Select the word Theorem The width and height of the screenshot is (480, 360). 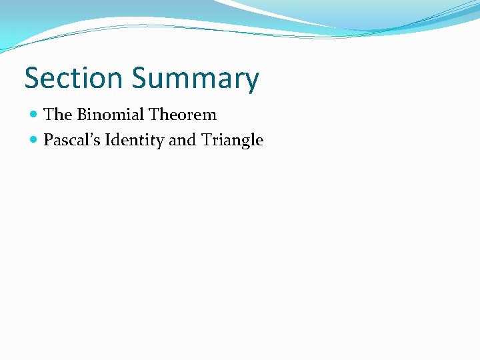[x=183, y=115]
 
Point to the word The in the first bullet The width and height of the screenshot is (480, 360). [x=57, y=115]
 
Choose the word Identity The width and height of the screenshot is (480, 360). [x=134, y=141]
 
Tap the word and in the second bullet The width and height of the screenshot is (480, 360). [x=183, y=140]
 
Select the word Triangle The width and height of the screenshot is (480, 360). [x=232, y=141]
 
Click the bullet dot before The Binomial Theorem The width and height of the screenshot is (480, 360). [x=35, y=115]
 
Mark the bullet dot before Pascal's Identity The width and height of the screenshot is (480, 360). [x=35, y=141]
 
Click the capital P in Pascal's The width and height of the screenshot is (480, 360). [x=48, y=140]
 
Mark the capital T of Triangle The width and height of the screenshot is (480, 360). [x=205, y=140]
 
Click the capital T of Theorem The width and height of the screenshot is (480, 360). [x=154, y=115]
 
